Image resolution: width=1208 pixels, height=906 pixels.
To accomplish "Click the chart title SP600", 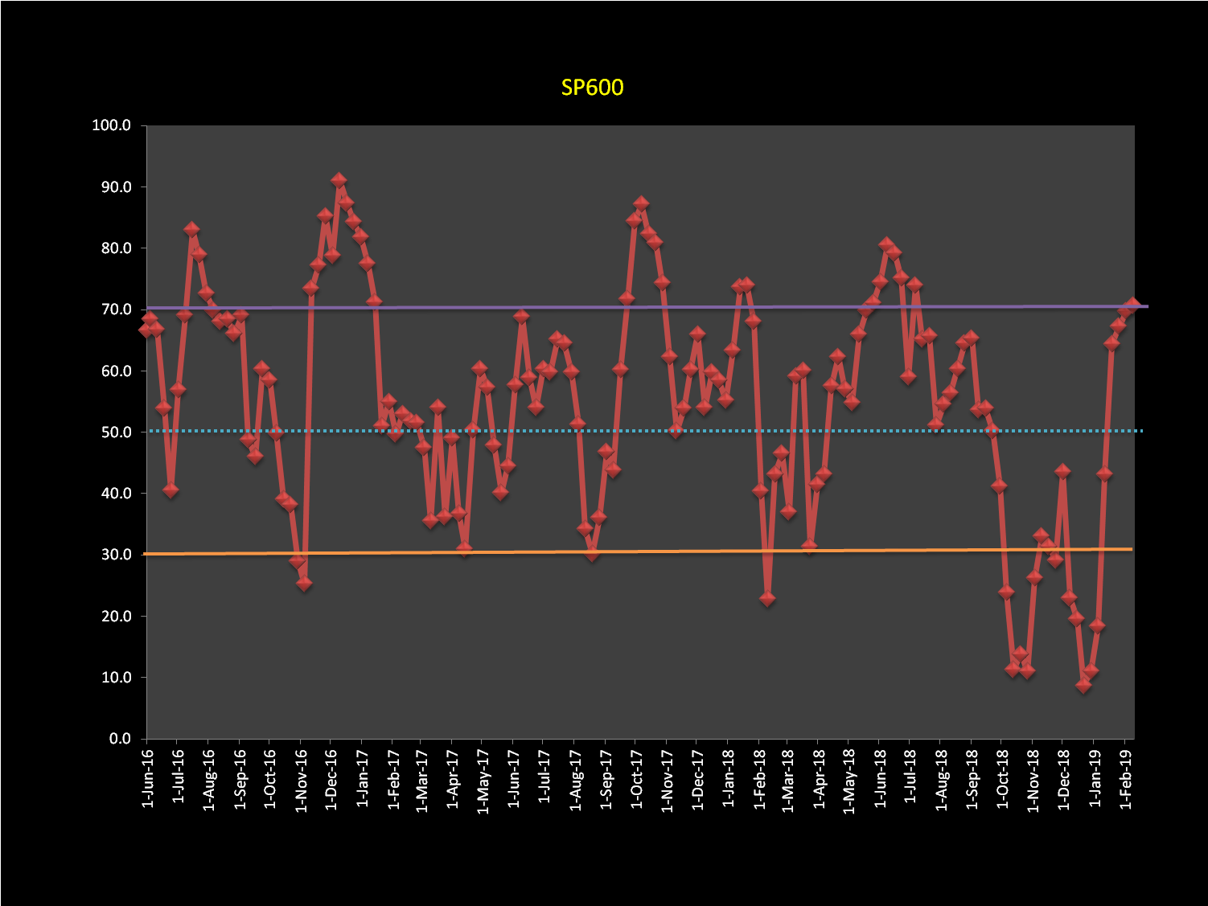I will point(592,87).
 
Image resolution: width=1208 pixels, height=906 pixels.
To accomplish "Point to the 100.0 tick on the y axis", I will point(112,125).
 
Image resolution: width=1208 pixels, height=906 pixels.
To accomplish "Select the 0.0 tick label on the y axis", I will point(120,739).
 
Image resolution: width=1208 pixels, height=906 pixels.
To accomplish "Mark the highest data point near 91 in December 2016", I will point(339,180).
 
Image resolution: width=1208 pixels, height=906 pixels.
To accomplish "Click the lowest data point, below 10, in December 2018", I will point(1083,686).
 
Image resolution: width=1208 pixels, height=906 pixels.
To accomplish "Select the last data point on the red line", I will point(1132,305).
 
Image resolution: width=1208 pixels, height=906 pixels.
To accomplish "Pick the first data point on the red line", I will point(146,330).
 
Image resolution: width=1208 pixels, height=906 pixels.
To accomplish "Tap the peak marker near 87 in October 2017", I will point(641,204).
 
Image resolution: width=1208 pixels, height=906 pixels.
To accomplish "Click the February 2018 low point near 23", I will point(767,599).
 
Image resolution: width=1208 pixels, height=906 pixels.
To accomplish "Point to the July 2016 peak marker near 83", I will point(191,230).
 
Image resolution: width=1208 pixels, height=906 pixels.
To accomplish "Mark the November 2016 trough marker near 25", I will point(304,584).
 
